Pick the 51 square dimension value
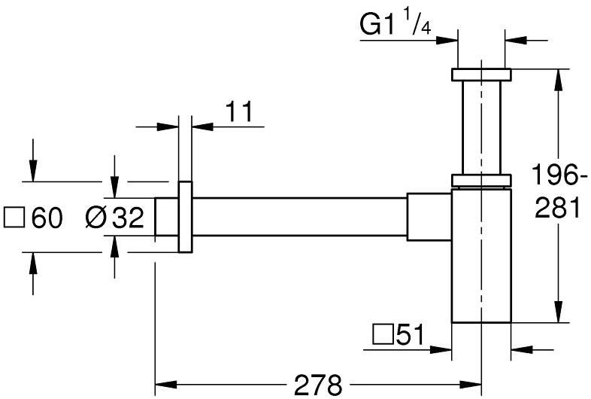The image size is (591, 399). click(410, 334)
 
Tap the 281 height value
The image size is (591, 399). click(557, 209)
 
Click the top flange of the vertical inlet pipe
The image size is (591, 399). click(481, 74)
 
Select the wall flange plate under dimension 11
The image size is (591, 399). click(186, 217)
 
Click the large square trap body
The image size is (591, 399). click(481, 256)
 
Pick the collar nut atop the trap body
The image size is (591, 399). click(481, 180)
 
